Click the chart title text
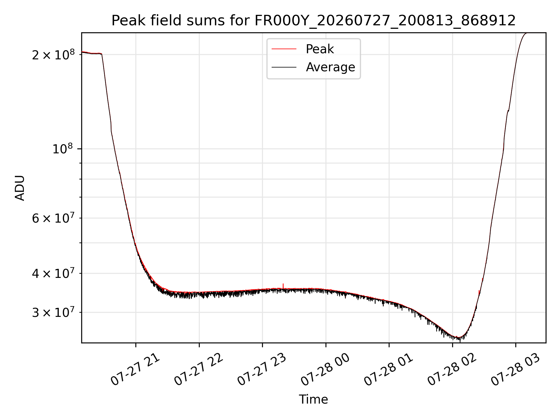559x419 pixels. point(314,21)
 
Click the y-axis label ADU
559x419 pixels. point(20,188)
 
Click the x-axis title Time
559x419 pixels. point(313,400)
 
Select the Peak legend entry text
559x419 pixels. point(320,49)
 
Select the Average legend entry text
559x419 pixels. point(330,67)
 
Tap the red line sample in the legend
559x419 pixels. point(284,49)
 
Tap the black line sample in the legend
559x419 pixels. point(284,67)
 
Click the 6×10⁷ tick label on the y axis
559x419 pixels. point(53,218)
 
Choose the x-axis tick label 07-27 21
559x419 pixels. point(135,370)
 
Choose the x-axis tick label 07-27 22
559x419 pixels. point(199,370)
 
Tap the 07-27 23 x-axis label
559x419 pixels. point(262,370)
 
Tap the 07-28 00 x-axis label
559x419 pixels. point(325,370)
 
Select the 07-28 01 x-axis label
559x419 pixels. point(389,370)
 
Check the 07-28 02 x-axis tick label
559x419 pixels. point(452,370)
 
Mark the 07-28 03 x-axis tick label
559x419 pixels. point(515,370)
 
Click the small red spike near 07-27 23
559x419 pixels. point(283,286)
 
